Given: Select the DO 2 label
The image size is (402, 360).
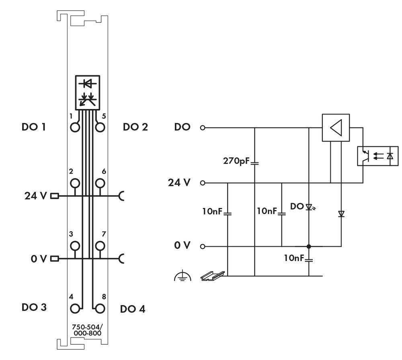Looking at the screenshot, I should (135, 128).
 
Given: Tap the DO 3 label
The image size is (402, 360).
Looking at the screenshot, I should (34, 307).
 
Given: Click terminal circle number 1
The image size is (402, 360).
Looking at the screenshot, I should (75, 128).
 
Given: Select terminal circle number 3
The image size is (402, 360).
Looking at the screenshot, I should (75, 246).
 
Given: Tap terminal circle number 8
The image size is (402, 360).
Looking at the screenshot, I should (100, 309).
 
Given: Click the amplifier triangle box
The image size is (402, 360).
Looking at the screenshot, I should (336, 128).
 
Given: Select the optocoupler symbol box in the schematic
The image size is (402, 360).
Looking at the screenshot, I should (377, 156).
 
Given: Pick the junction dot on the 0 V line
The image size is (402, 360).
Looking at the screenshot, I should (309, 246).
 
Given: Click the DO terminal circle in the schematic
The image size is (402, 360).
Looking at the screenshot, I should (203, 128).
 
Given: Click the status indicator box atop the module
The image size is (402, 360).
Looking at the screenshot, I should (87, 92).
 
